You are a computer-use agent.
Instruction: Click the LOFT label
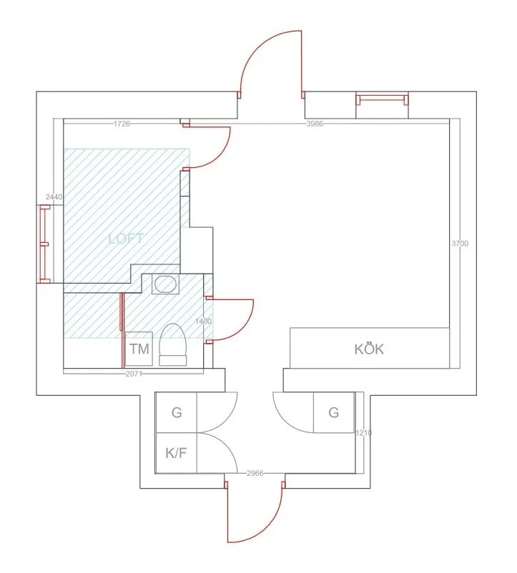[x=126, y=239]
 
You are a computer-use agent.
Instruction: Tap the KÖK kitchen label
[x=369, y=349]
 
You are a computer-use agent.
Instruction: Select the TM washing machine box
[x=139, y=349]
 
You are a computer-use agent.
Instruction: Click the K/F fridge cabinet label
[x=176, y=452]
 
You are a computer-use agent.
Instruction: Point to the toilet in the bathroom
[x=173, y=344]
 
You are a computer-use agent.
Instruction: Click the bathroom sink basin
[x=166, y=284]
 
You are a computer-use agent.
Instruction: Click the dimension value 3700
[x=460, y=244]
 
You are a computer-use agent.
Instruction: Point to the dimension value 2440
[x=54, y=196]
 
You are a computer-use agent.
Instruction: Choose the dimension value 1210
[x=364, y=433]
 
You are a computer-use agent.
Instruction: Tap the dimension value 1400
[x=203, y=322]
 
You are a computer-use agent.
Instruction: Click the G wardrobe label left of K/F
[x=176, y=413]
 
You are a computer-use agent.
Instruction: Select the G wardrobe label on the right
[x=333, y=412]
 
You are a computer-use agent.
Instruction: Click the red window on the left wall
[x=44, y=244]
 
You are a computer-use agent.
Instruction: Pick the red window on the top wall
[x=383, y=99]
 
